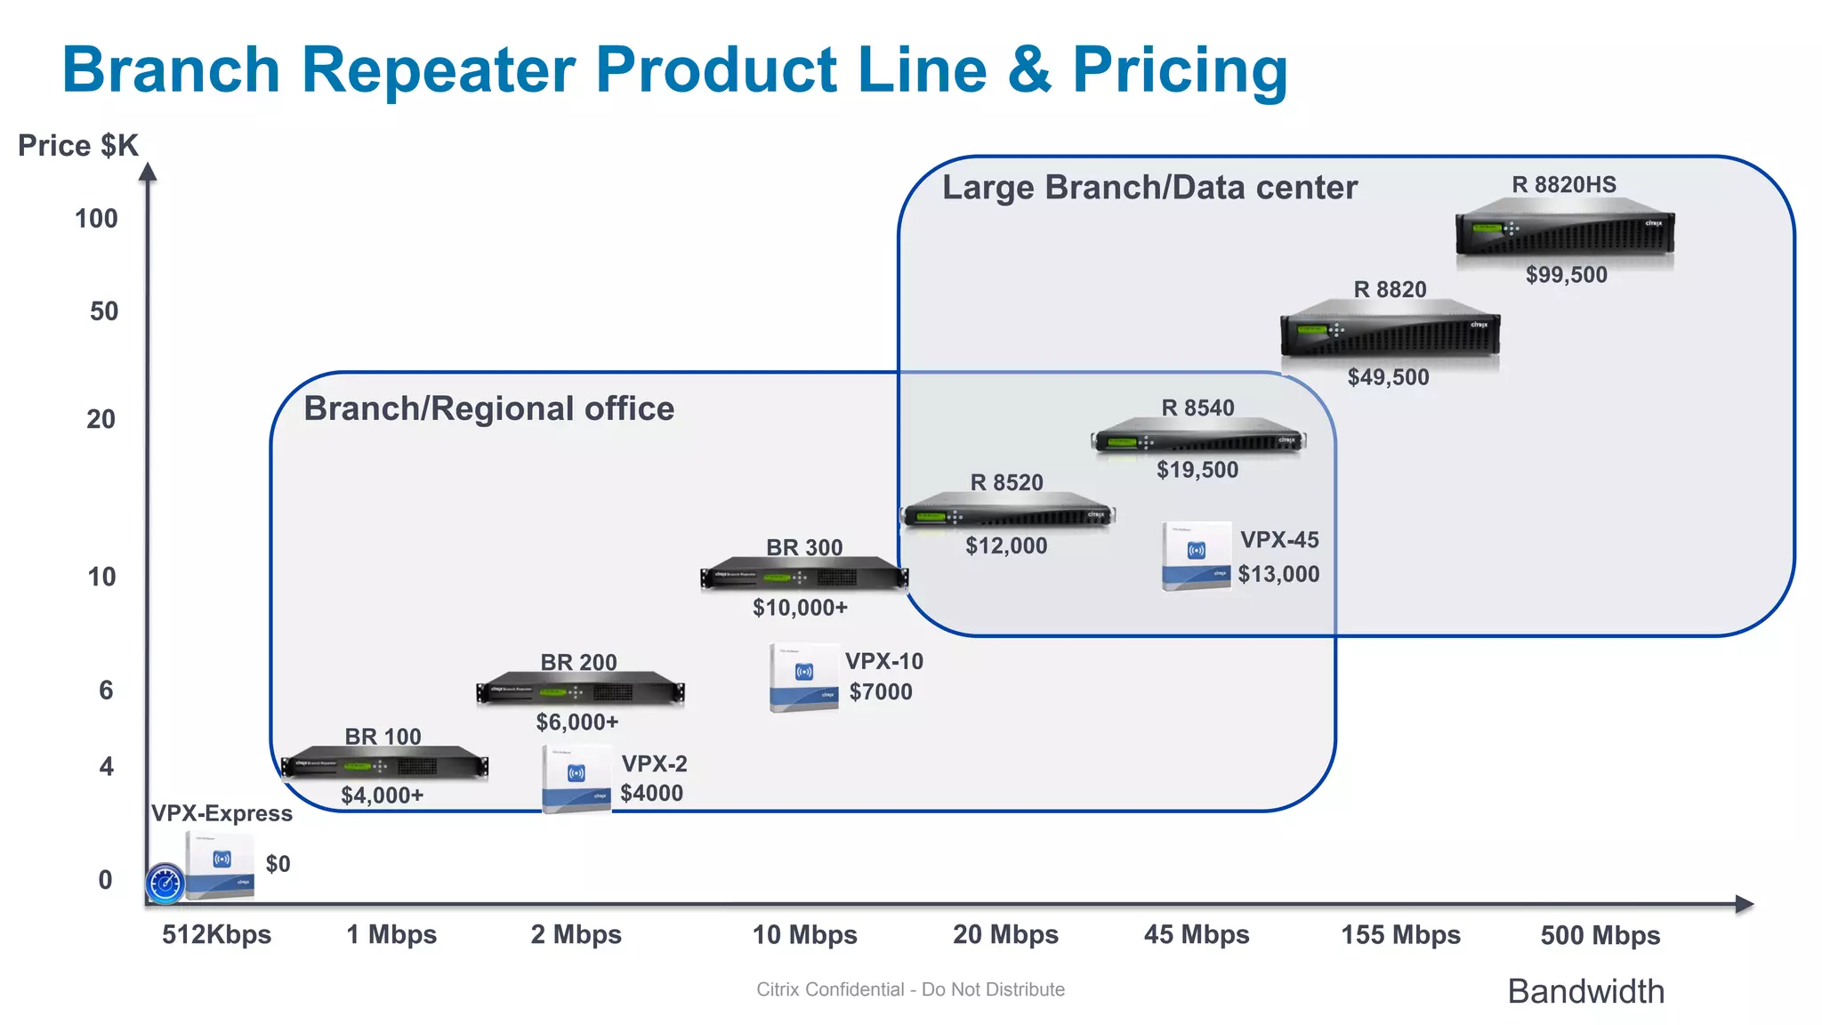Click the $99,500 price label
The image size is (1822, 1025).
1566,275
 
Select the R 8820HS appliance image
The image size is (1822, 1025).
1565,230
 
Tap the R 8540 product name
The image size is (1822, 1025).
1197,408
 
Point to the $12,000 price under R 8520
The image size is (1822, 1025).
1006,545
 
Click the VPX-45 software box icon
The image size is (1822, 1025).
1196,555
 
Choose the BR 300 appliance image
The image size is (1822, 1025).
804,576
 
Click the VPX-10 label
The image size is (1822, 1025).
883,661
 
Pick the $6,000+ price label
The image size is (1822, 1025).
576,722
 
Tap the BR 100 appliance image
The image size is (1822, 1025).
384,765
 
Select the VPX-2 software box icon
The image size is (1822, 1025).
576,778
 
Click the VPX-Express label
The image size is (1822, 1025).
222,813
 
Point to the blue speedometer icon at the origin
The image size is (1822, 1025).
165,884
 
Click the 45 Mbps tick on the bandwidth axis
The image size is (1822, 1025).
1196,934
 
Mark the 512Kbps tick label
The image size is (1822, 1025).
216,934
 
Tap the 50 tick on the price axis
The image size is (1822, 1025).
104,311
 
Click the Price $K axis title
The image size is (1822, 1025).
78,145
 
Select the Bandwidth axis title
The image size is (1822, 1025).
1585,991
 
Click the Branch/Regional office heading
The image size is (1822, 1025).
488,408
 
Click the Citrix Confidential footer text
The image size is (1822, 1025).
910,989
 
